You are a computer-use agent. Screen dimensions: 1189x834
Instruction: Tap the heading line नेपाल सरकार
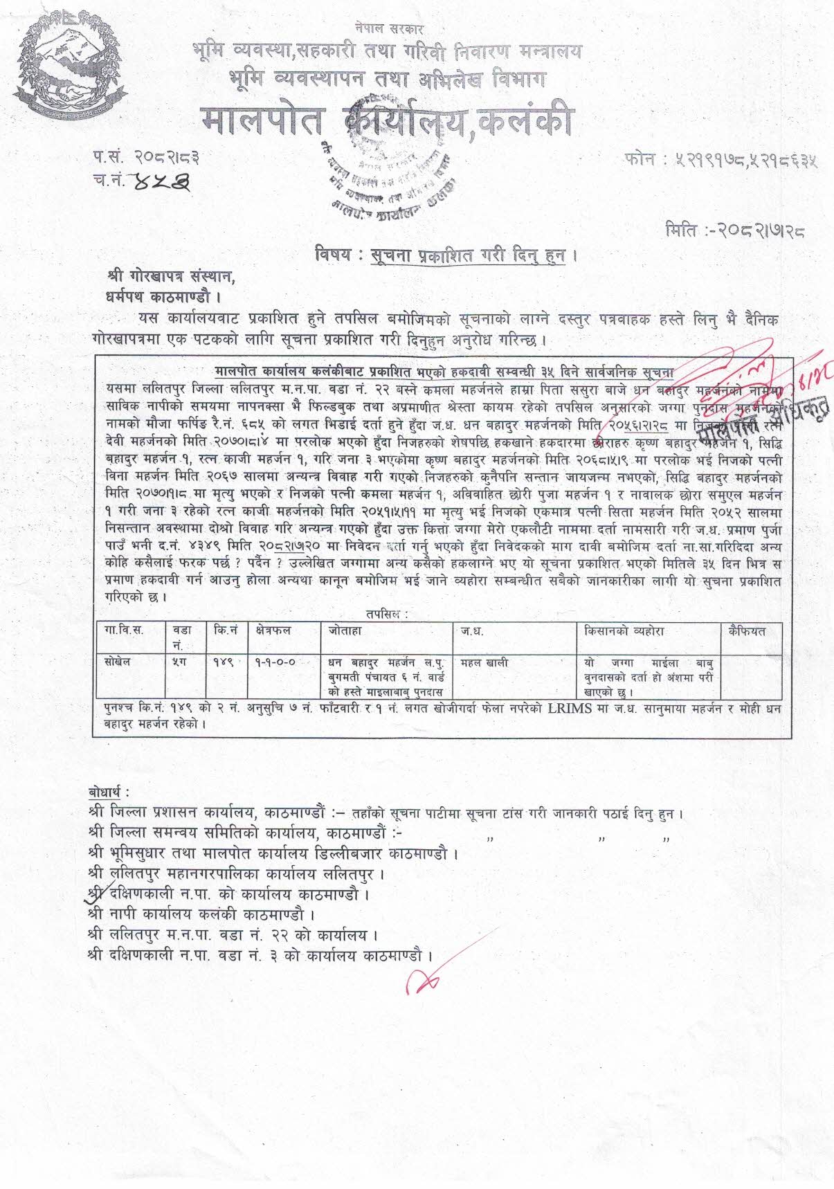click(x=388, y=28)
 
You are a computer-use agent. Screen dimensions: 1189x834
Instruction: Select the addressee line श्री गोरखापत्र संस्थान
click(x=172, y=277)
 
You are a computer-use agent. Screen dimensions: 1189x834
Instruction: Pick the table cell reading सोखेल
click(x=116, y=662)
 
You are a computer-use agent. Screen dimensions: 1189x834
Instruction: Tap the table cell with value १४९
click(x=224, y=662)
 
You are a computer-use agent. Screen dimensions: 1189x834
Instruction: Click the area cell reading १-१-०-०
click(x=275, y=662)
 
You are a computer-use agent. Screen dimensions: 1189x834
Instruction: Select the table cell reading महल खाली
click(x=484, y=663)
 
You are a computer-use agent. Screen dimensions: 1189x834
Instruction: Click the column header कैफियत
click(x=746, y=631)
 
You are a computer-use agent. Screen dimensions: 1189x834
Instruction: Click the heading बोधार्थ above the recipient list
click(x=109, y=792)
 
